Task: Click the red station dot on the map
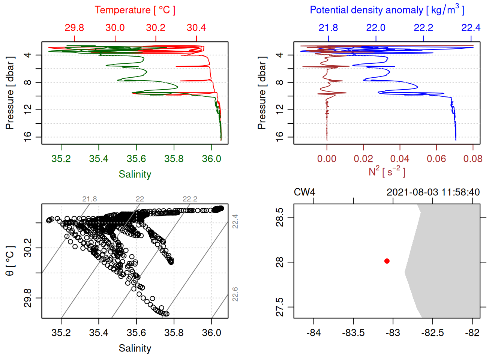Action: (x=387, y=261)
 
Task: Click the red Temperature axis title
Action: (x=135, y=10)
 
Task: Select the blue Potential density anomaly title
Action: (x=387, y=10)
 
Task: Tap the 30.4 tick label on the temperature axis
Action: (x=196, y=28)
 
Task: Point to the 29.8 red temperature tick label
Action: (x=74, y=28)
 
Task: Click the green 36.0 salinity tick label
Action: (x=211, y=159)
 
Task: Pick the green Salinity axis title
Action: (x=135, y=174)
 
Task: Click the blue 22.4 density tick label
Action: (x=471, y=28)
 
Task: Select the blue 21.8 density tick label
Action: (x=328, y=28)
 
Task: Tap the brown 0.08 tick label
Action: (x=473, y=159)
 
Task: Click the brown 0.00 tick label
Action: (x=327, y=159)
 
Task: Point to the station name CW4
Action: (x=304, y=192)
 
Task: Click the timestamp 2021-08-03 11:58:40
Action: (x=433, y=192)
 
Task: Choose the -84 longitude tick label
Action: (x=313, y=333)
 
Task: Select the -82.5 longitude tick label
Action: (x=432, y=333)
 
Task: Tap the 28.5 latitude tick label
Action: (x=280, y=217)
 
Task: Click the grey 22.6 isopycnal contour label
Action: (x=235, y=294)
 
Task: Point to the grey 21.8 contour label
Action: (x=90, y=199)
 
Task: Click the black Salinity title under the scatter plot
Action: (x=135, y=348)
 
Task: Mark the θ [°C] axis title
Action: (x=10, y=261)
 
